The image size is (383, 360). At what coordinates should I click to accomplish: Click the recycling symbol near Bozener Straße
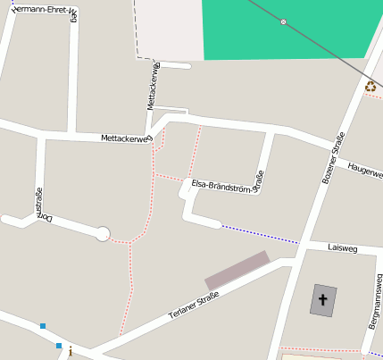pos(371,87)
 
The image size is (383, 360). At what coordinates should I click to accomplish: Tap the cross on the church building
pos(323,298)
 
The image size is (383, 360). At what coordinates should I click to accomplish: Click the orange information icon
pos(71,352)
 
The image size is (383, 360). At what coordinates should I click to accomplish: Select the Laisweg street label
pos(342,247)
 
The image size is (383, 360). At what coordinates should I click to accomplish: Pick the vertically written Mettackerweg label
pos(152,86)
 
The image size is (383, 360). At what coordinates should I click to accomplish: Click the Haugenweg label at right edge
pos(365,168)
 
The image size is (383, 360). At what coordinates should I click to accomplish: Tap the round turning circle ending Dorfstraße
pos(103,234)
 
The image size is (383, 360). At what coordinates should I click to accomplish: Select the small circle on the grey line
pos(284,21)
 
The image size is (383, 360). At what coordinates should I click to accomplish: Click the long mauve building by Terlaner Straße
pos(237,270)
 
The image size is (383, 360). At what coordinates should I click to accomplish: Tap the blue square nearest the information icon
pos(59,346)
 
